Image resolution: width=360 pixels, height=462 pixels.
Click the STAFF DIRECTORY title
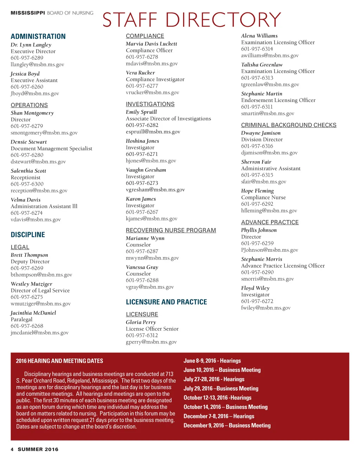click(192, 20)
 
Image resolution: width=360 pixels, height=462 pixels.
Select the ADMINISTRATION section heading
click(38, 37)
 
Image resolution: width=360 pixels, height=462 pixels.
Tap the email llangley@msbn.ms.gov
click(37, 64)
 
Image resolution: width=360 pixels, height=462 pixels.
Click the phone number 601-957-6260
click(27, 86)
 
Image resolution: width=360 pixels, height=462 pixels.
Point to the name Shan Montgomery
click(32, 113)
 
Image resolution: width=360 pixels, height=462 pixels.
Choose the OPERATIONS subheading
click(29, 105)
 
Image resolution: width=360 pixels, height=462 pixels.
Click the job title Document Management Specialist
click(51, 148)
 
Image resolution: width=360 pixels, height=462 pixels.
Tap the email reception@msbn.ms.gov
click(39, 191)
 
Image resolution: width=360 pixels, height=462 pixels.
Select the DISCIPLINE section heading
click(28, 235)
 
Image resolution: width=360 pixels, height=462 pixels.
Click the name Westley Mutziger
click(31, 284)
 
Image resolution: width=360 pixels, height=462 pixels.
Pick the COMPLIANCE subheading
click(145, 36)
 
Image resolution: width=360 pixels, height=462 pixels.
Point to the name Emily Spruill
click(141, 112)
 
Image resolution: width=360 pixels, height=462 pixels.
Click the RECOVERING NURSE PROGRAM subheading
click(171, 230)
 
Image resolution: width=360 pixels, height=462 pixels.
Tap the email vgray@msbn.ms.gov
click(150, 287)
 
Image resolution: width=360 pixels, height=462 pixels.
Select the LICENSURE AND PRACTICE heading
click(166, 302)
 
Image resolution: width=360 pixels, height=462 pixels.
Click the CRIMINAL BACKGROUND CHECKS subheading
click(289, 125)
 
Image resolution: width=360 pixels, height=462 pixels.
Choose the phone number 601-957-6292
click(257, 204)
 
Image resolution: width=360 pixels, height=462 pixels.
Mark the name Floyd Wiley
click(255, 288)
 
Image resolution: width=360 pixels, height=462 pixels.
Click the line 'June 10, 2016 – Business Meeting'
click(222, 370)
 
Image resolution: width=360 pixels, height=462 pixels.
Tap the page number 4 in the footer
click(12, 449)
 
